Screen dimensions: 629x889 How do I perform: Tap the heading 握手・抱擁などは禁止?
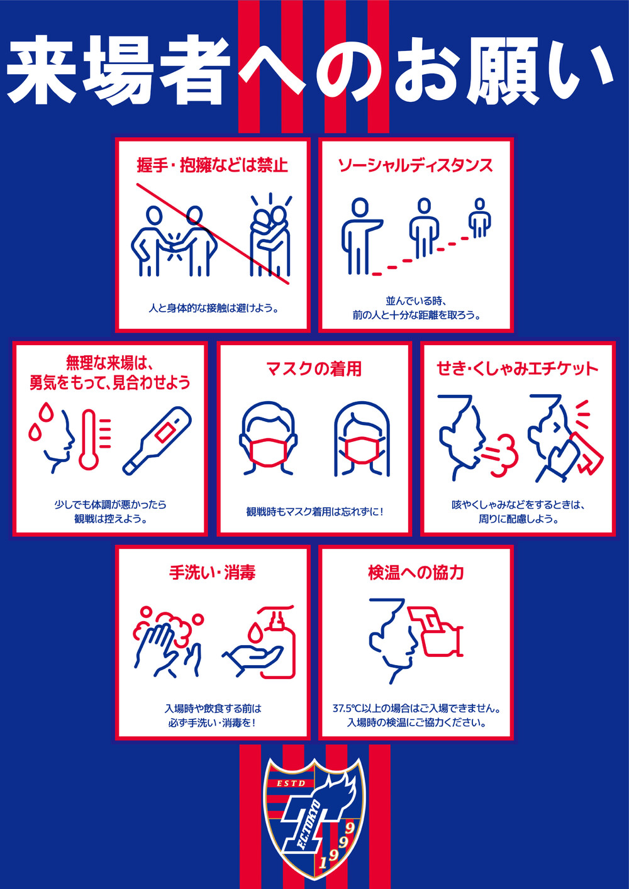click(212, 165)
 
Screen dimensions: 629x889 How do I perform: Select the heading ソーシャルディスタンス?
click(415, 165)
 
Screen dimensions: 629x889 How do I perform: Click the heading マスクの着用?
click(314, 368)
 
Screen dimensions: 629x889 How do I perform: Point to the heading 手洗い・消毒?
click(212, 573)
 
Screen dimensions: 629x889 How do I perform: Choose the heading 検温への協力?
click(416, 573)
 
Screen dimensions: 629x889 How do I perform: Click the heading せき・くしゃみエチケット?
click(518, 368)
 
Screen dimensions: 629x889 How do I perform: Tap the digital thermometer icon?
click(157, 441)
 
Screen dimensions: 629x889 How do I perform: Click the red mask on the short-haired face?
click(268, 452)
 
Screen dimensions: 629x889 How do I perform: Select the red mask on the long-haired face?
click(361, 450)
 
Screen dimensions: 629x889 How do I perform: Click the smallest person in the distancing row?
click(480, 218)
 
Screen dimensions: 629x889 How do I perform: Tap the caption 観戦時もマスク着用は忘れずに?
click(314, 512)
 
